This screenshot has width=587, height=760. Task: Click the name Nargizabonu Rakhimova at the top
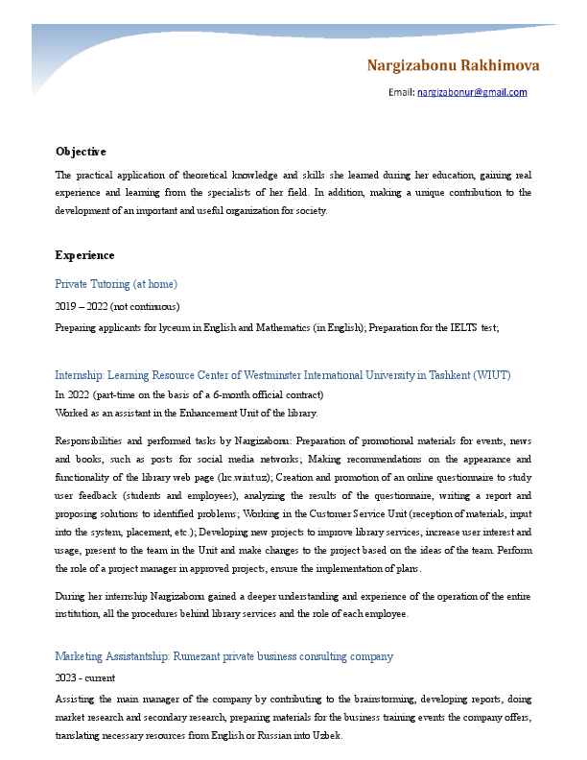[453, 65]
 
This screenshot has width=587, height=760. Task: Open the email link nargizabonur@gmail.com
[472, 93]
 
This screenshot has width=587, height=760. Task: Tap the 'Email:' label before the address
[401, 93]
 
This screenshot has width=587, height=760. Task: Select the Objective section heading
[81, 152]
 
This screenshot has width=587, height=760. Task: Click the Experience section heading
[84, 255]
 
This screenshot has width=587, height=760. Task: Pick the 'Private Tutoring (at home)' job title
[116, 284]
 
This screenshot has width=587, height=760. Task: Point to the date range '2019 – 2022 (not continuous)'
[117, 306]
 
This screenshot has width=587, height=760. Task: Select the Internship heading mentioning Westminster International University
[283, 374]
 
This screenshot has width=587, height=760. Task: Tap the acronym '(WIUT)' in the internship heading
[491, 374]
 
